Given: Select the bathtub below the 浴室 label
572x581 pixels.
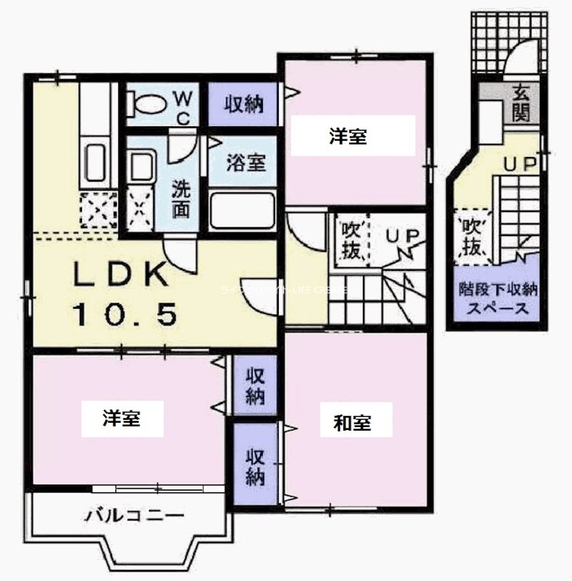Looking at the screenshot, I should tap(242, 211).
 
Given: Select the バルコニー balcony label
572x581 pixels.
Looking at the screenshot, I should tap(134, 516).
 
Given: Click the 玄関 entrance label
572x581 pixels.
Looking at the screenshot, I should tap(521, 102).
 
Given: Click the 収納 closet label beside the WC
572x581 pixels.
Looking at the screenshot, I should tap(242, 104).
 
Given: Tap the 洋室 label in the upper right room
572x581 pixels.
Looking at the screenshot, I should tap(347, 137).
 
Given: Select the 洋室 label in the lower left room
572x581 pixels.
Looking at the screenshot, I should tap(120, 419).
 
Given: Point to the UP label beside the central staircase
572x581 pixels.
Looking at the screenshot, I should tap(399, 237).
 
